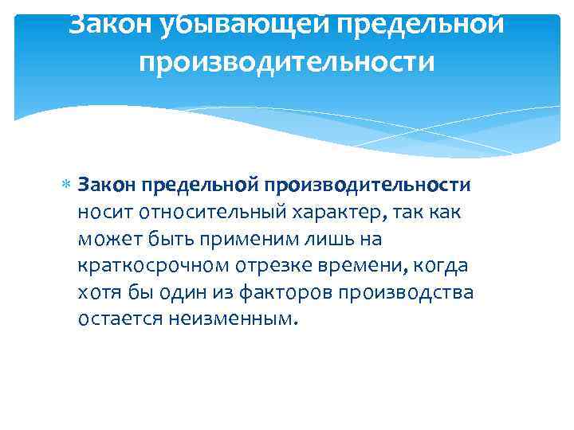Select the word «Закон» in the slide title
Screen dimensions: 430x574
(x=108, y=23)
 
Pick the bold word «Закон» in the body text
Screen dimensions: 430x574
(x=108, y=186)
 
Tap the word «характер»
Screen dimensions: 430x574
(x=336, y=213)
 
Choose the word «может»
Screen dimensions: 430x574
(x=108, y=239)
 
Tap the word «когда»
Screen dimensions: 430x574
(x=441, y=265)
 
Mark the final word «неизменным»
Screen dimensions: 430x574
(x=241, y=319)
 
